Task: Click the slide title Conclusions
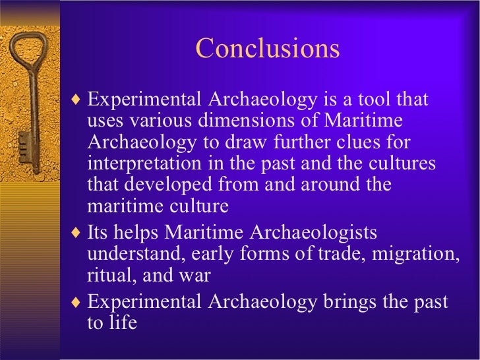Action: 267,48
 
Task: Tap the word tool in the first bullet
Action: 371,100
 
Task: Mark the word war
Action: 195,276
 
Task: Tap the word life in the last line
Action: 124,324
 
